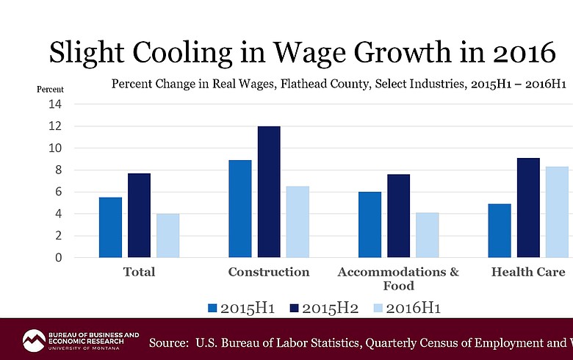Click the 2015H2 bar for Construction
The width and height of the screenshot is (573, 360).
pos(268,192)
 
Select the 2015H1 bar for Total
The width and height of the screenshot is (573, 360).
pos(110,227)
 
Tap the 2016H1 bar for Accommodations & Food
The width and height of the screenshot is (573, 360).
pos(427,235)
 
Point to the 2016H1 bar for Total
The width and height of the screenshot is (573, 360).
pos(167,236)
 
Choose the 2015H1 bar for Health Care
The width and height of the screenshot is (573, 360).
pos(499,231)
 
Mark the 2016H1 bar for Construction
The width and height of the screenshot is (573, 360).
pos(297,222)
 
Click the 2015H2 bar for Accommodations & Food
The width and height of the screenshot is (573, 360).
pos(398,216)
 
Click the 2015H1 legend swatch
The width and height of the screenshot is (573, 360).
pos(214,308)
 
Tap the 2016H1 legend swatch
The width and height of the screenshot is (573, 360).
pos(379,308)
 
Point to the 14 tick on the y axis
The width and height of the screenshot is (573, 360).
pos(56,104)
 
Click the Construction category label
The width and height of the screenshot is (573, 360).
pos(269,272)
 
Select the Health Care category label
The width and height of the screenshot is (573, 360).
pos(527,272)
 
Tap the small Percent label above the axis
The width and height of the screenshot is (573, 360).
pos(51,90)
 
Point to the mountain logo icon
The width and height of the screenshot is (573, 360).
pos(34,340)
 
